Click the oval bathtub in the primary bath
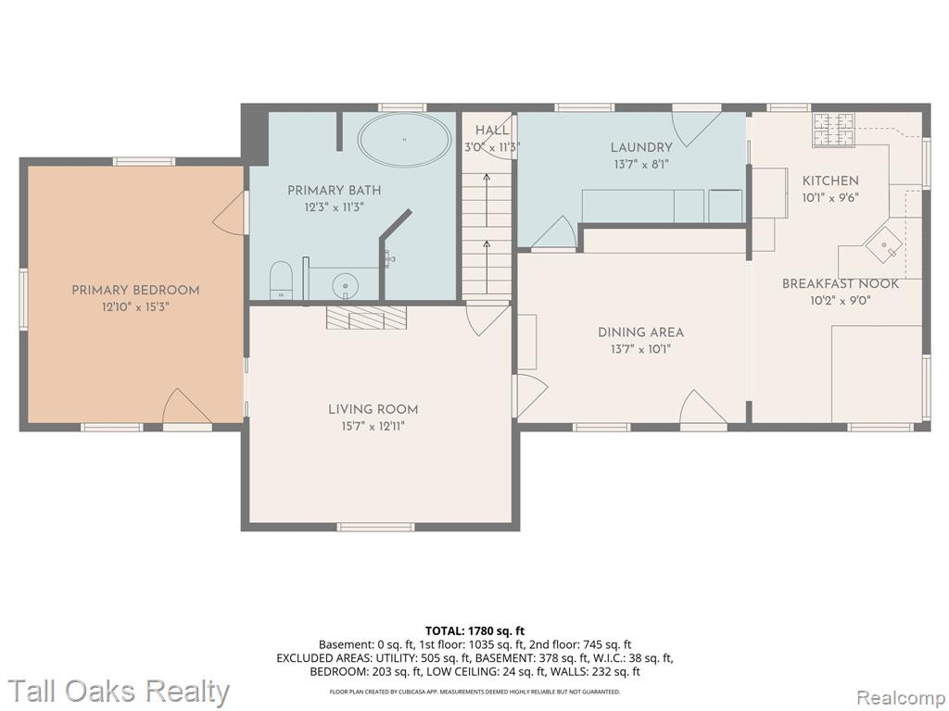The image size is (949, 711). click(x=404, y=140)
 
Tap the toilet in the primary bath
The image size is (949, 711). click(x=281, y=281)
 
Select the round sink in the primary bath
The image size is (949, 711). click(x=346, y=284)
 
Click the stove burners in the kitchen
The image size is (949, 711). click(x=833, y=130)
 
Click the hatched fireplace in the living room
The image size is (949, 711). click(x=366, y=317)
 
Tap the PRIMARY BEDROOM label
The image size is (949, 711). click(x=135, y=290)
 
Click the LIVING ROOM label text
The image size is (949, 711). click(x=373, y=409)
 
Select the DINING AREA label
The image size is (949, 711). click(x=641, y=332)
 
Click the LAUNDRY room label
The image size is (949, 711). click(x=641, y=147)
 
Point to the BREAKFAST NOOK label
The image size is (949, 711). click(x=840, y=283)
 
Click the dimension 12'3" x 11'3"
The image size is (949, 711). click(x=334, y=207)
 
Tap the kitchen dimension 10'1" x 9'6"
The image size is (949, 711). click(x=829, y=197)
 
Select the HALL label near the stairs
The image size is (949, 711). click(x=492, y=130)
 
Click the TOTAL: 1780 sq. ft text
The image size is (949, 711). click(x=474, y=631)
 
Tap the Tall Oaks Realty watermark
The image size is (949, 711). click(x=120, y=692)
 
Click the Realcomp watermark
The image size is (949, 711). click(x=900, y=696)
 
